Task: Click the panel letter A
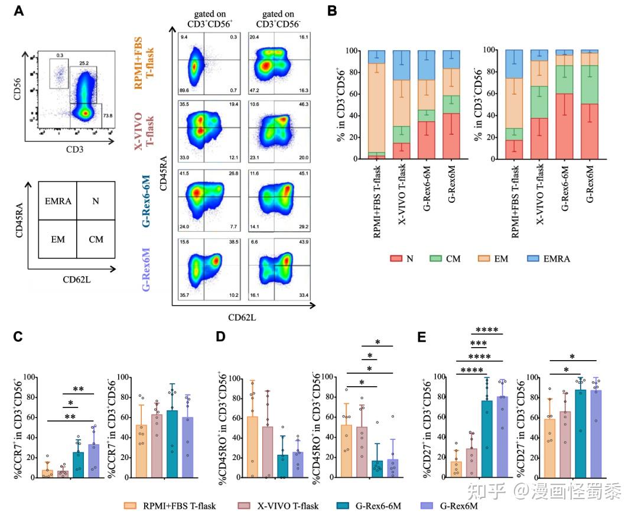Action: (x=18, y=11)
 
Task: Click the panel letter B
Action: (x=332, y=11)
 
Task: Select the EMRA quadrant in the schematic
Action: (x=57, y=202)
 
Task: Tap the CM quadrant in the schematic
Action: (x=96, y=239)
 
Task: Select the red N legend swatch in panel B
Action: (x=395, y=258)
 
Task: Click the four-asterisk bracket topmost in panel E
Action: (x=490, y=329)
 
